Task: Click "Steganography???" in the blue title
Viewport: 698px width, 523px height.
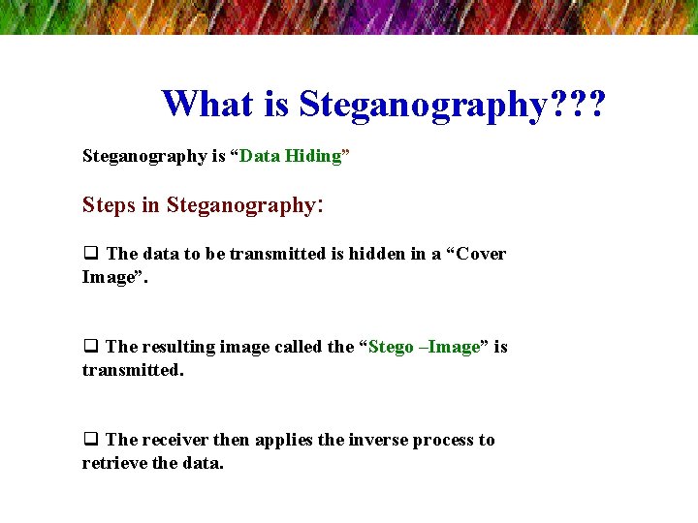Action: point(452,105)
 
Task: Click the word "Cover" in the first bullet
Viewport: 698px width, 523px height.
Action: point(481,254)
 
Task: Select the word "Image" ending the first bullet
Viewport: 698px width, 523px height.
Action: point(108,277)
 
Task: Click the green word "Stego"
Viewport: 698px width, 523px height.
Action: point(391,347)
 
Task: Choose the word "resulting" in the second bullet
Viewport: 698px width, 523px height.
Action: point(179,347)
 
